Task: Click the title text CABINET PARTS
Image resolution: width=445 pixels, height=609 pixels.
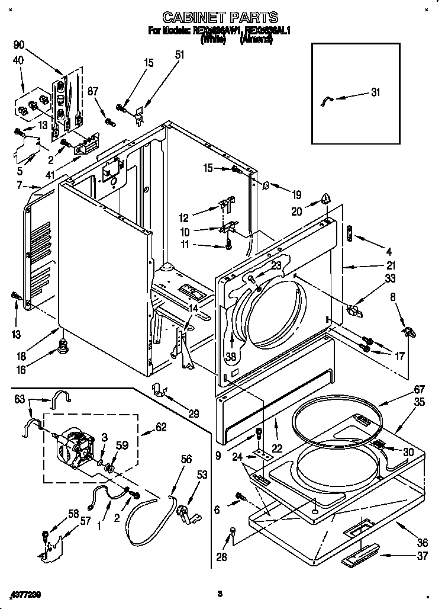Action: click(x=220, y=18)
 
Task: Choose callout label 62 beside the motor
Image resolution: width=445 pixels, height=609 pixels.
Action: click(x=160, y=427)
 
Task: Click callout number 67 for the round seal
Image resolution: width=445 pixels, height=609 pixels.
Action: click(x=402, y=389)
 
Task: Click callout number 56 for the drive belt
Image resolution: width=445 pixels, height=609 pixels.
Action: click(x=186, y=459)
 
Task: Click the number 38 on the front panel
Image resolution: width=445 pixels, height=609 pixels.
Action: click(x=230, y=357)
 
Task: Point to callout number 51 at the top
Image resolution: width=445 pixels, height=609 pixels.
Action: click(x=179, y=55)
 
